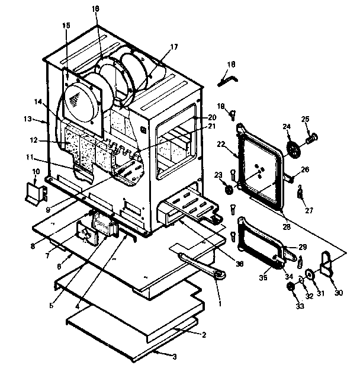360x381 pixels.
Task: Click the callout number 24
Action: (x=286, y=126)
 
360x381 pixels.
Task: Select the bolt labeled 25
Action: (x=311, y=140)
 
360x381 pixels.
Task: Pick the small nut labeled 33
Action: (x=291, y=287)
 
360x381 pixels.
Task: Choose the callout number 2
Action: (x=204, y=335)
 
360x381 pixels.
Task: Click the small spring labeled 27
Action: (x=300, y=191)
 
